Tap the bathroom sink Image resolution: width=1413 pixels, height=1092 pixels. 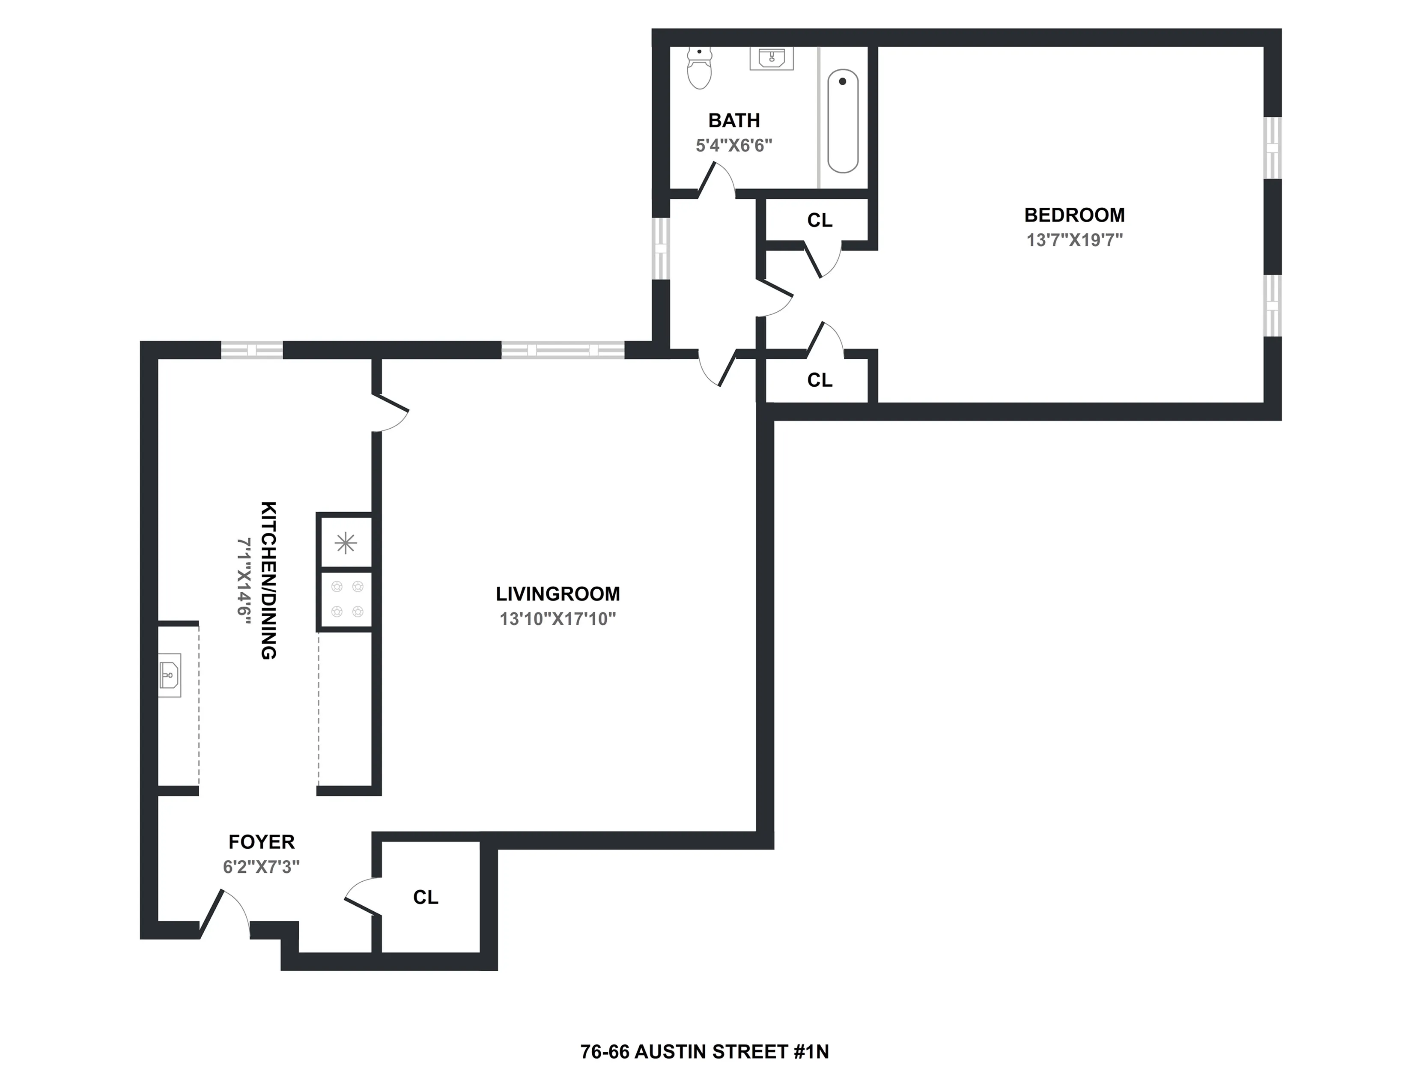pyautogui.click(x=771, y=58)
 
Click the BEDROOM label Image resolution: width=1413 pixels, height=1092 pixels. pyautogui.click(x=1074, y=215)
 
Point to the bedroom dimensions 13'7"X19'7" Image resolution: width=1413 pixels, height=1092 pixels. pyautogui.click(x=1074, y=240)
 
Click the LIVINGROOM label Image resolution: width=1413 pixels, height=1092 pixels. pyautogui.click(x=557, y=594)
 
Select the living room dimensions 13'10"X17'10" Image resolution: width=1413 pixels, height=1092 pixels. pyautogui.click(x=557, y=619)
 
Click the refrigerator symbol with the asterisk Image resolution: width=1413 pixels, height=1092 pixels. pyautogui.click(x=346, y=542)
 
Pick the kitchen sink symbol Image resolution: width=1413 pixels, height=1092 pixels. pyautogui.click(x=170, y=675)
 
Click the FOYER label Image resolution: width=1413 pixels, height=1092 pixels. pyautogui.click(x=261, y=841)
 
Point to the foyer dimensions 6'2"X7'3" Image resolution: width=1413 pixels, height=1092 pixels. pyautogui.click(x=261, y=867)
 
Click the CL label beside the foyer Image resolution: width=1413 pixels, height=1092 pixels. pyautogui.click(x=426, y=897)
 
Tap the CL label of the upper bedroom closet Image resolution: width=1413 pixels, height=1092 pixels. pyautogui.click(x=820, y=221)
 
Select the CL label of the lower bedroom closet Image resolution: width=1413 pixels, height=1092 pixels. pyautogui.click(x=820, y=380)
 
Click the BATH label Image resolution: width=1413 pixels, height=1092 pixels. pyautogui.click(x=733, y=120)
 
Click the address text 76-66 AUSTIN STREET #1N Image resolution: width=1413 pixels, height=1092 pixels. pyautogui.click(x=704, y=1052)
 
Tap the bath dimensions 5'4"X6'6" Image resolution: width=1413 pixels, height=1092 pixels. pyautogui.click(x=733, y=146)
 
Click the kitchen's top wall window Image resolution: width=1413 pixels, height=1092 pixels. pyautogui.click(x=252, y=350)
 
